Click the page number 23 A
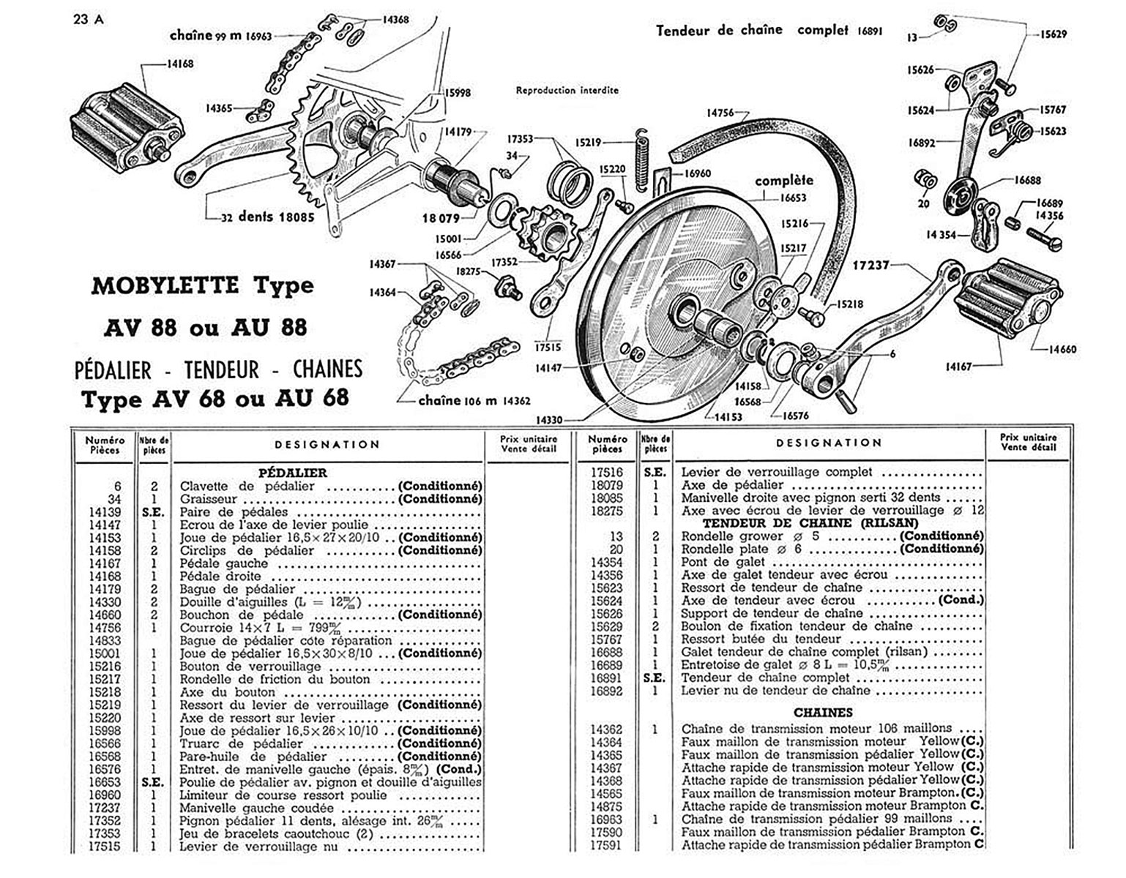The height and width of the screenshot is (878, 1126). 89,20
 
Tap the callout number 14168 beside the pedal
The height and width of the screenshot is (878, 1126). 179,64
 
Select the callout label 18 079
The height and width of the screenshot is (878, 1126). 439,218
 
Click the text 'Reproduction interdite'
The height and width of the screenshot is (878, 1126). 567,91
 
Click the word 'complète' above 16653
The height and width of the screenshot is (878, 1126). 783,180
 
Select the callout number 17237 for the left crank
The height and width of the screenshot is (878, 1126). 870,265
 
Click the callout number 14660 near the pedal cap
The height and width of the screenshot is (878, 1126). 1062,350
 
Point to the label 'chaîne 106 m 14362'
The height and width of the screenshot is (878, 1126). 474,400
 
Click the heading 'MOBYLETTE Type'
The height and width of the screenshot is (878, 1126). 202,285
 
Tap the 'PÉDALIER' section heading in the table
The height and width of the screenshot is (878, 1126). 293,473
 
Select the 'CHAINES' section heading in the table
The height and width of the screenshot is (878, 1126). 823,712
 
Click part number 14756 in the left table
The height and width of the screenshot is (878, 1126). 105,628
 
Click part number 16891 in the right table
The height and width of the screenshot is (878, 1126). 606,678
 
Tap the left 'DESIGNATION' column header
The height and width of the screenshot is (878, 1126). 327,444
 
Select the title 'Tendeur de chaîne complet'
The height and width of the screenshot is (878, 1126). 752,31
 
